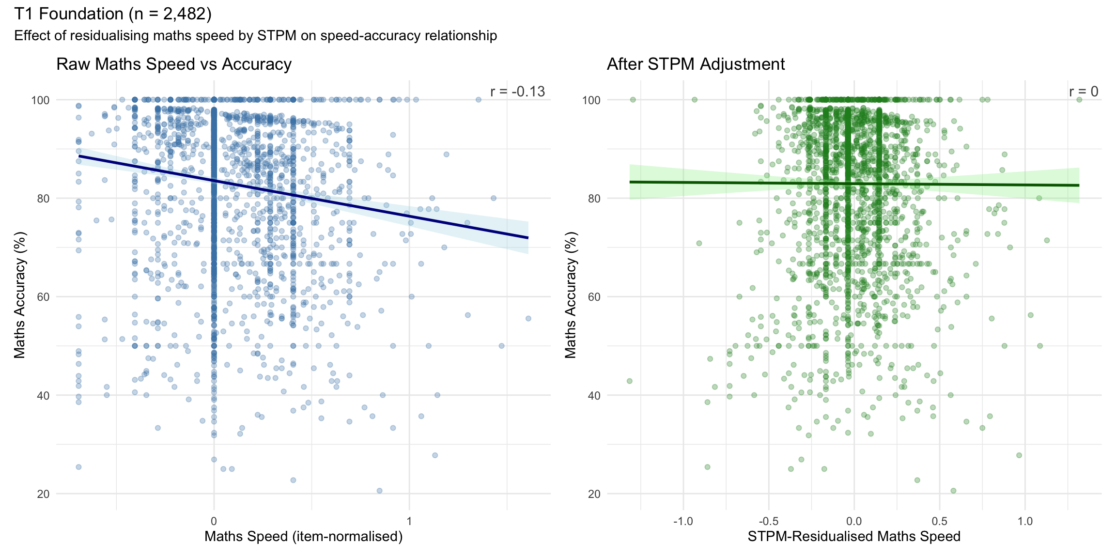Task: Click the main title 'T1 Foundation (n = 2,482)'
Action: tap(113, 14)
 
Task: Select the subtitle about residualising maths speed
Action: tap(255, 36)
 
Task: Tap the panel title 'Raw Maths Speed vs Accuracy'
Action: tap(174, 64)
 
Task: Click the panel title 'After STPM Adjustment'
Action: tap(696, 64)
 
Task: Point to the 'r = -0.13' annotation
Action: tap(517, 92)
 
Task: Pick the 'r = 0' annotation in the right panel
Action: tap(1084, 92)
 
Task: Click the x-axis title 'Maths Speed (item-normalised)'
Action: tap(303, 536)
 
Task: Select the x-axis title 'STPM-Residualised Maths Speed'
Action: tap(853, 536)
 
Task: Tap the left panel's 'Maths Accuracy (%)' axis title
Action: tap(19, 295)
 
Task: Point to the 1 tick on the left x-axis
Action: tap(409, 521)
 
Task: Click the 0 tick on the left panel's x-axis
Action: tap(214, 521)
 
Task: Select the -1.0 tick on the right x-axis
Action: tap(683, 521)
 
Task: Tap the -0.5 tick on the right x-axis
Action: tap(768, 521)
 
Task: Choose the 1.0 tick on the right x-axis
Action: tap(1025, 521)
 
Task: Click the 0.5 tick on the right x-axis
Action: tap(939, 521)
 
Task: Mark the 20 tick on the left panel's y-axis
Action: tap(44, 494)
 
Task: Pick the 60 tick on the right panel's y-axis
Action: tap(594, 297)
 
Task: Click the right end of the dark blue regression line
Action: tap(527, 237)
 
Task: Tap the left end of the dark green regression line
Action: tap(630, 182)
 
